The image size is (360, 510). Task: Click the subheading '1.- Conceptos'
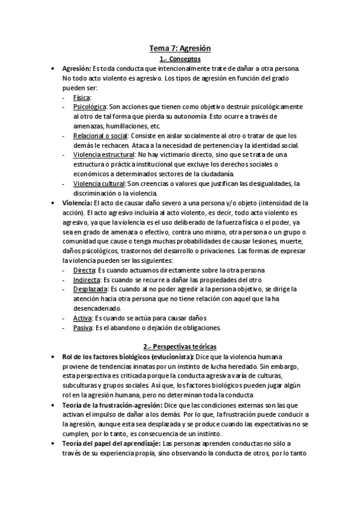coord(180,59)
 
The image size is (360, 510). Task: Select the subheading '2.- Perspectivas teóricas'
coord(180,346)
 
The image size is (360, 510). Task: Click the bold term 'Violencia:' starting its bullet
coord(76,203)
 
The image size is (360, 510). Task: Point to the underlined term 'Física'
coord(81,97)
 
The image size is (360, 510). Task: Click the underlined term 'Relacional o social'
coord(100,135)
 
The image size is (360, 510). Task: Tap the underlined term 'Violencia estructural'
coord(103,155)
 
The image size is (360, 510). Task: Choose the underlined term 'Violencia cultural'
coord(99,183)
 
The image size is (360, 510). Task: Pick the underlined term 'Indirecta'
coord(87,280)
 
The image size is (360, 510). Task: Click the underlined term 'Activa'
coord(82,318)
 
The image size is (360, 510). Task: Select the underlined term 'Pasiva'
coord(82,328)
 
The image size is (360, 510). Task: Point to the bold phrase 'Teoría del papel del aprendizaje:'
coord(111,443)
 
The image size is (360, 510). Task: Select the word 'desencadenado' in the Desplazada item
coord(96,309)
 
